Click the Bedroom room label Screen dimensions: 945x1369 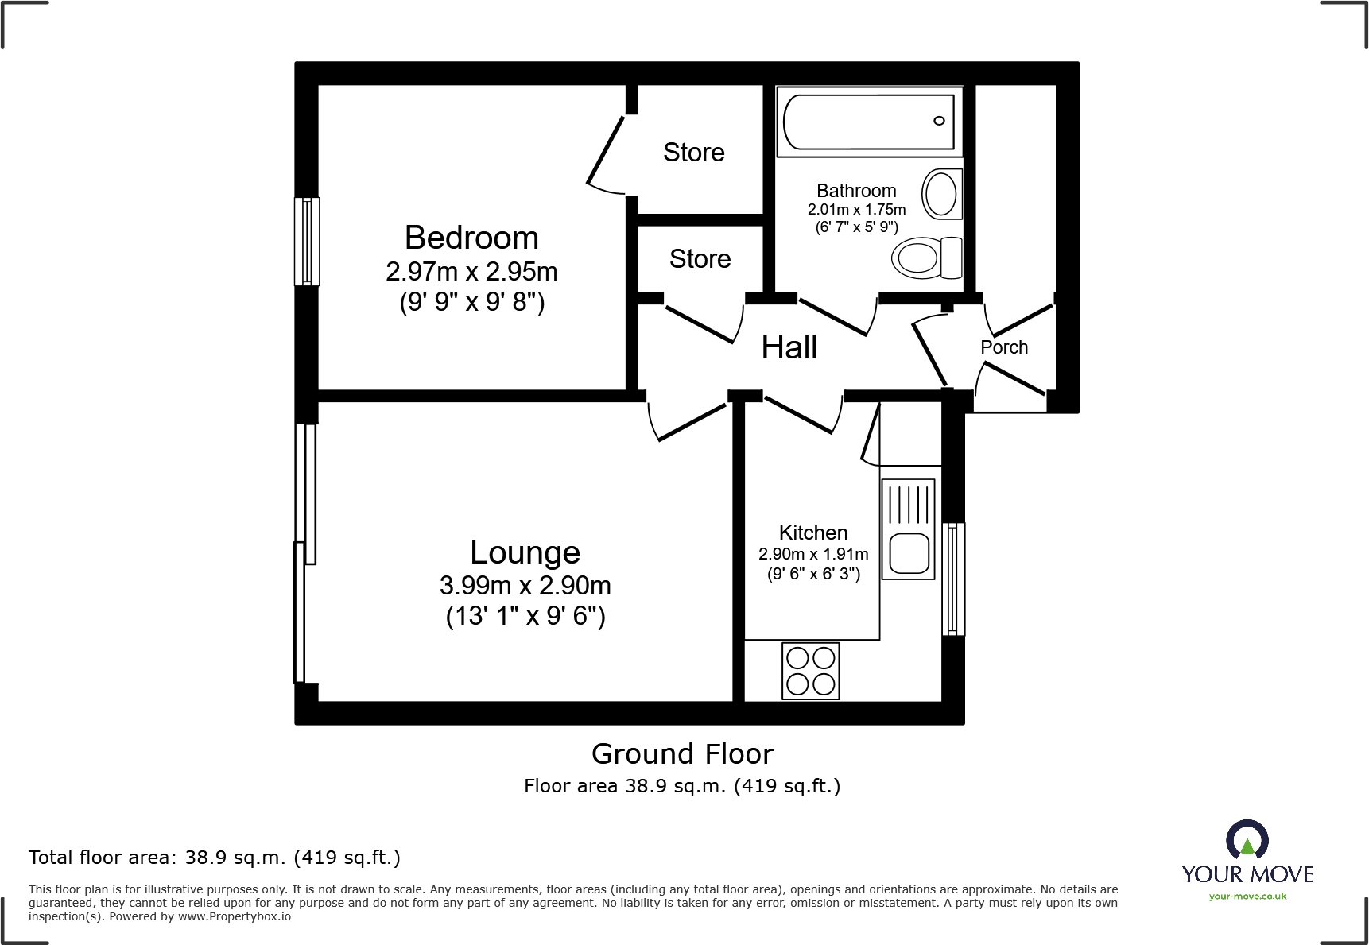tap(471, 238)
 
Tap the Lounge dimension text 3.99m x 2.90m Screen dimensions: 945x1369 tap(525, 586)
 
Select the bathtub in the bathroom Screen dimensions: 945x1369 tap(868, 122)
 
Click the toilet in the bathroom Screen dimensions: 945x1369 tap(927, 258)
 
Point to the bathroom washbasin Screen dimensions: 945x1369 tap(942, 193)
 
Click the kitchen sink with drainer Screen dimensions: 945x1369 tap(908, 529)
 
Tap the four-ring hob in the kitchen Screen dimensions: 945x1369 tap(810, 671)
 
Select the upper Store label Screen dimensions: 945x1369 tap(693, 152)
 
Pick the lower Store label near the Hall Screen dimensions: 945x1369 tap(700, 258)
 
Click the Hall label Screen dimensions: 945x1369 tap(789, 347)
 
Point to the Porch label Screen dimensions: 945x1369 tap(1003, 347)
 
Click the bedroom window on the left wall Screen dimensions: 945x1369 tap(307, 241)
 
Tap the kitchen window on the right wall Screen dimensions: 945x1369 tap(952, 579)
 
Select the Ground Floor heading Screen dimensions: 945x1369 tap(682, 753)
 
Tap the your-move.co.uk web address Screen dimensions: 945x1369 tap(1247, 897)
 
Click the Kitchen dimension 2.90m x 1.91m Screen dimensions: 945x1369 tap(812, 554)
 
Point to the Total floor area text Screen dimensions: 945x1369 tap(214, 858)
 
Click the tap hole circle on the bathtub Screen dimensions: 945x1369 tap(939, 121)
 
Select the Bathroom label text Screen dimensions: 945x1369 tap(856, 191)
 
